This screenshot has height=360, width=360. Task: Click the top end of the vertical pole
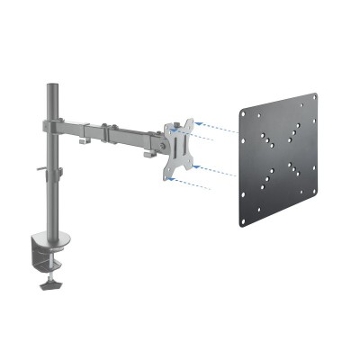tap(50, 86)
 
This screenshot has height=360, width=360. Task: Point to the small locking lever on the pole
tap(40, 168)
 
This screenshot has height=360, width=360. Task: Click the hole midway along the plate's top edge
tap(280, 105)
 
